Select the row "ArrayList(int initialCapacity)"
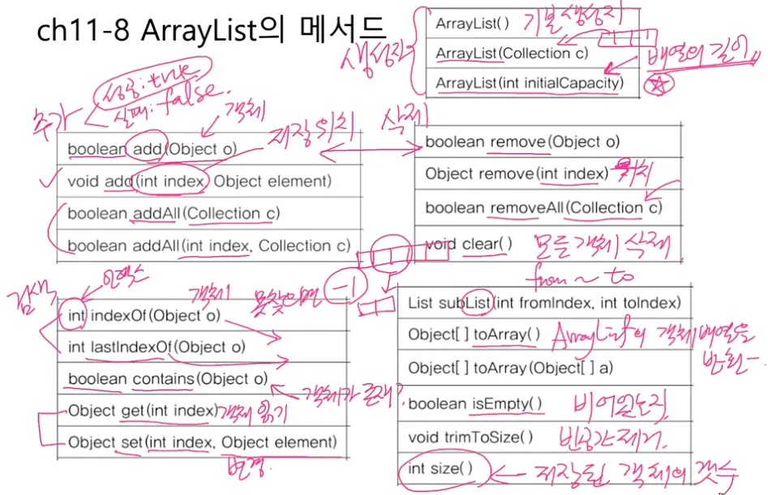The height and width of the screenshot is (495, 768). [x=529, y=83]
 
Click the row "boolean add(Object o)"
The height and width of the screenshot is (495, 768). [x=152, y=149]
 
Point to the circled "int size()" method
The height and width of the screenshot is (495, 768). [x=438, y=469]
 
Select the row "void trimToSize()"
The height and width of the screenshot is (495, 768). [x=470, y=437]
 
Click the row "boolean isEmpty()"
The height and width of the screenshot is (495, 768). [x=475, y=403]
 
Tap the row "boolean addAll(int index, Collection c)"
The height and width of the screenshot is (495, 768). [x=208, y=246]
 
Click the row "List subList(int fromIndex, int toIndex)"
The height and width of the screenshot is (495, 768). [x=544, y=303]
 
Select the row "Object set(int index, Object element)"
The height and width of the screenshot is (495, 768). [x=201, y=442]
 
